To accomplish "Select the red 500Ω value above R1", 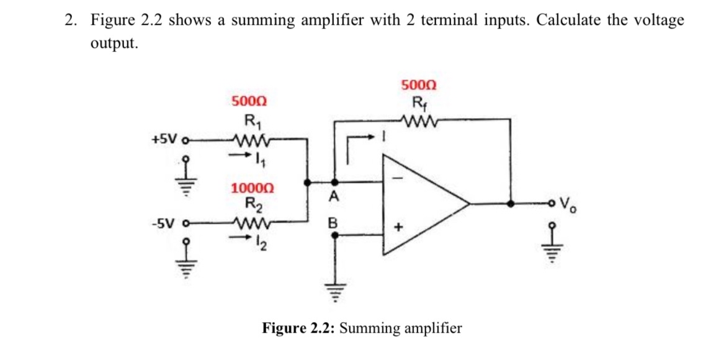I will (249, 101).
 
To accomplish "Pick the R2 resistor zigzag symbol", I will (249, 222).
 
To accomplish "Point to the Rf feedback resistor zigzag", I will (419, 120).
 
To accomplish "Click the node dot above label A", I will (334, 182).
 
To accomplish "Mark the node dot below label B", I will (334, 236).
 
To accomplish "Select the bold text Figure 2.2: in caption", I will (298, 328).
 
